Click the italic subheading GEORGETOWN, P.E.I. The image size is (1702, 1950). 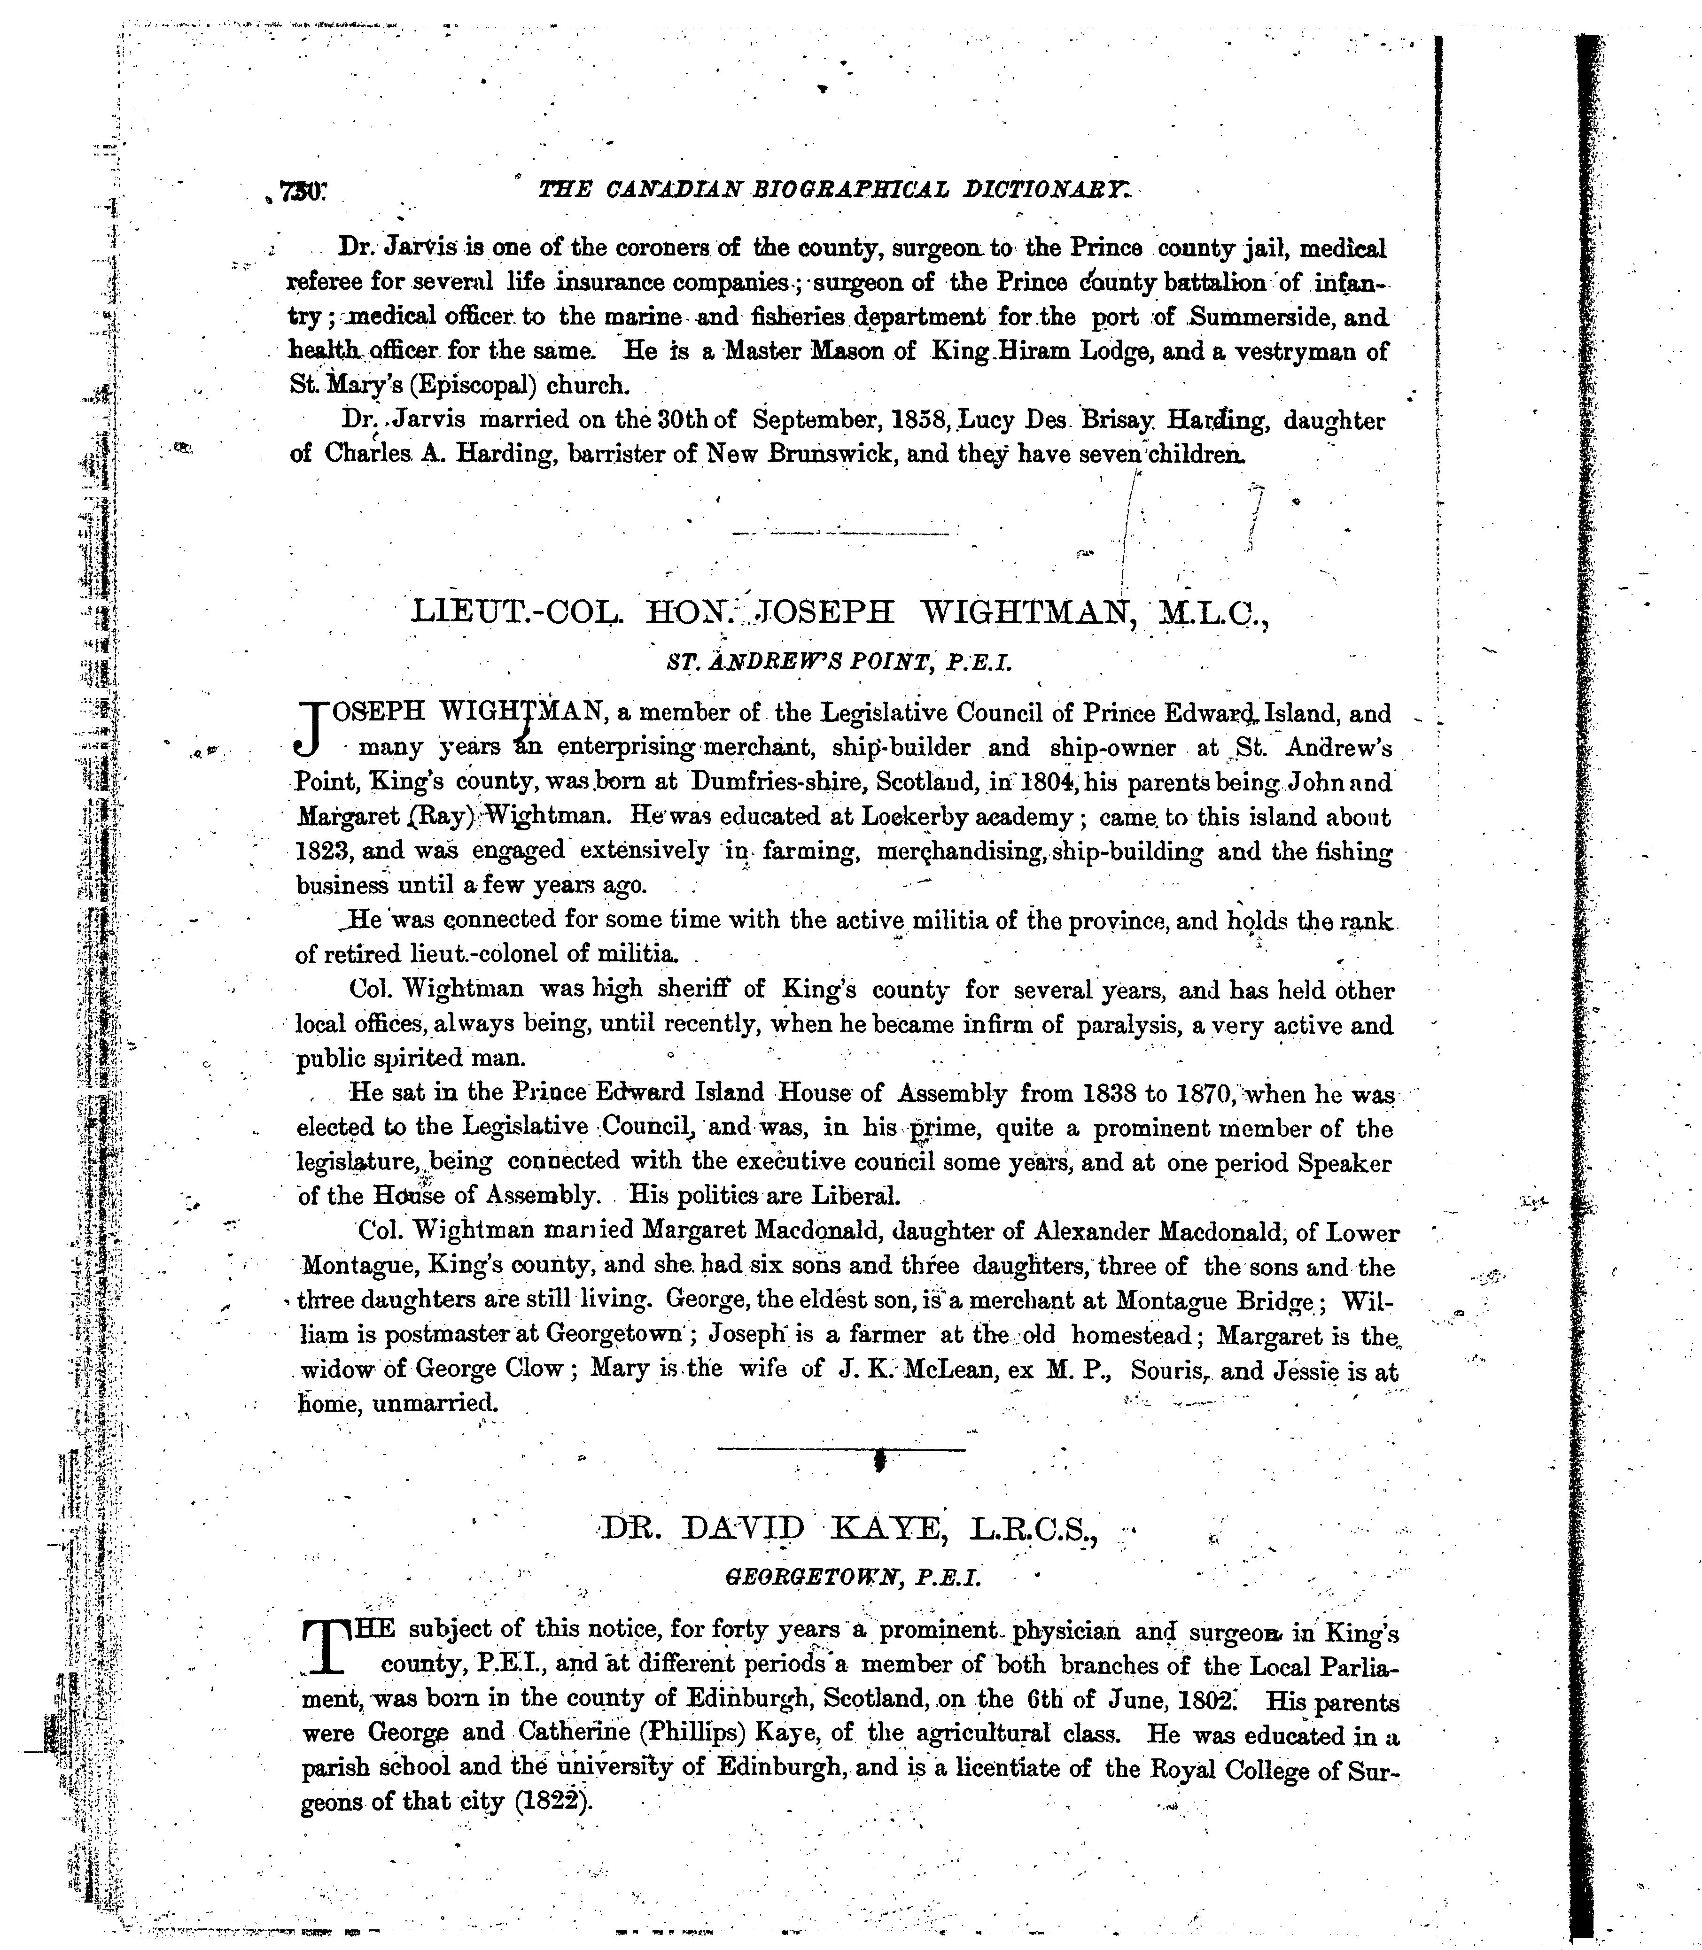pyautogui.click(x=852, y=1579)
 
